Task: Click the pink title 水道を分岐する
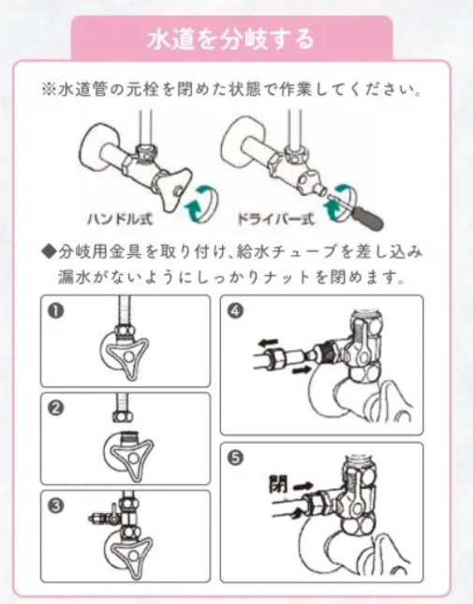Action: point(230,39)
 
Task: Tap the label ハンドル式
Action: point(120,219)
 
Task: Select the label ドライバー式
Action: point(275,219)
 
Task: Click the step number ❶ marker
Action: point(56,310)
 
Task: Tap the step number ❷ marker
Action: point(56,408)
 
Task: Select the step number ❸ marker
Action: point(56,506)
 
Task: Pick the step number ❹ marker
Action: point(235,310)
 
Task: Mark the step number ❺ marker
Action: point(235,458)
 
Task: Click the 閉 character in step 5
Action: point(278,484)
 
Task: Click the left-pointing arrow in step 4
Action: point(267,342)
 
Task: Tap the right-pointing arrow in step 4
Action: point(302,370)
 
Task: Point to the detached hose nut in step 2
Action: point(123,416)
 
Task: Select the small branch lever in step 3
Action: point(114,511)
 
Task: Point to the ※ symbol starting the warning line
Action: point(49,90)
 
